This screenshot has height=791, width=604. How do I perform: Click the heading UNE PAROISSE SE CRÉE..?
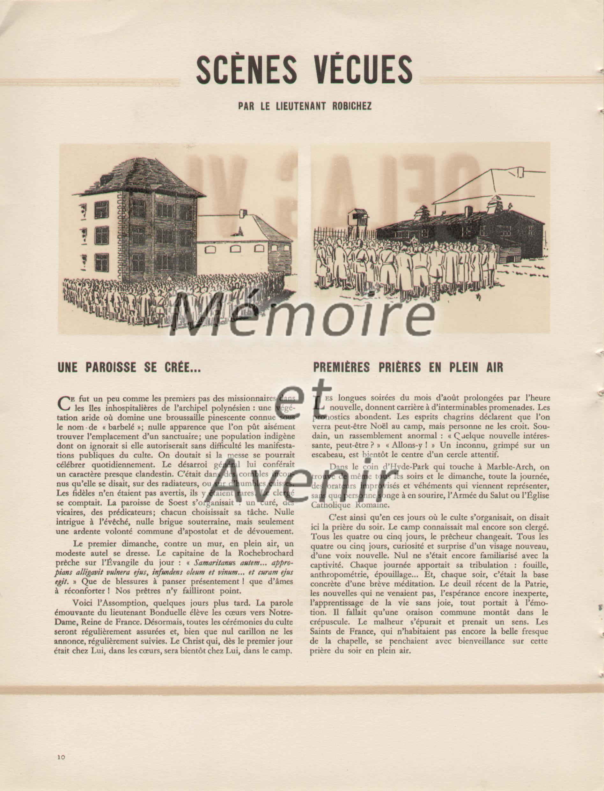[129, 367]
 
